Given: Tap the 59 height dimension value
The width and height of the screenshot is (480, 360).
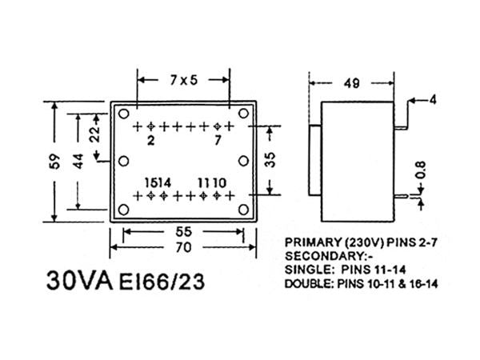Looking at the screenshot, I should click(49, 161).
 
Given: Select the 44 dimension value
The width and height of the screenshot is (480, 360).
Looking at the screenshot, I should click(77, 161).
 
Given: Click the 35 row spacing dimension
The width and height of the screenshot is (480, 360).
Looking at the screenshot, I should click(271, 160).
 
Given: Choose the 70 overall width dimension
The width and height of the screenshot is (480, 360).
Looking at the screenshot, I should click(183, 248).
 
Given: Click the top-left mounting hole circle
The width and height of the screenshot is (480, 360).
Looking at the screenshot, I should click(124, 113).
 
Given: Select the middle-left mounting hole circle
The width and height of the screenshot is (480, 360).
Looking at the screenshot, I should click(124, 161).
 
